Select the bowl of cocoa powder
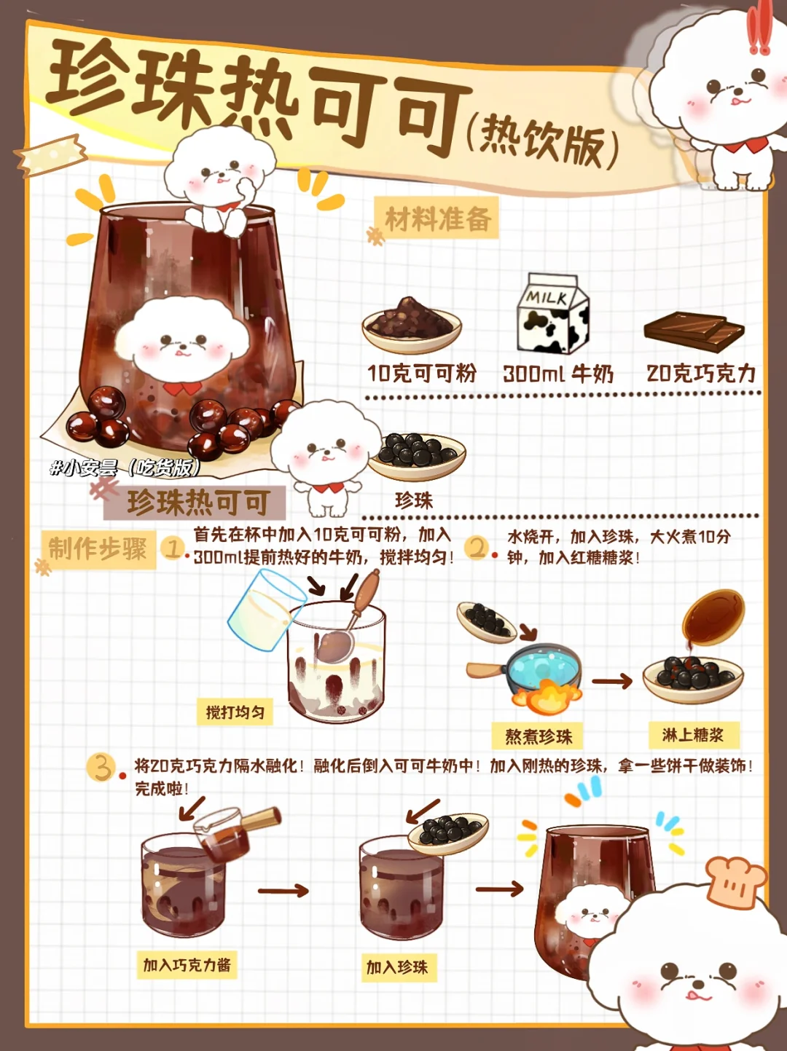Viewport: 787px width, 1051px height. (x=412, y=324)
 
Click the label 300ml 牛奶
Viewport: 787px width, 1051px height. (x=558, y=374)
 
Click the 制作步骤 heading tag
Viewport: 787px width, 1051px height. (x=98, y=549)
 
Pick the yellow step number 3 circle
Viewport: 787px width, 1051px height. (x=101, y=767)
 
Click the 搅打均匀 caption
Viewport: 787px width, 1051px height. (x=235, y=712)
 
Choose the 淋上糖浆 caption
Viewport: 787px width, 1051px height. (x=694, y=735)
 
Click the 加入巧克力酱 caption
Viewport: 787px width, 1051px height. (x=187, y=965)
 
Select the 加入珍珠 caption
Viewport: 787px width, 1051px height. (x=398, y=967)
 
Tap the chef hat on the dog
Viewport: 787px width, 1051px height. (x=735, y=882)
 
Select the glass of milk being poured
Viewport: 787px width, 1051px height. (x=265, y=608)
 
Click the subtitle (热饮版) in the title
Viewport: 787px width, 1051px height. (x=542, y=142)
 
